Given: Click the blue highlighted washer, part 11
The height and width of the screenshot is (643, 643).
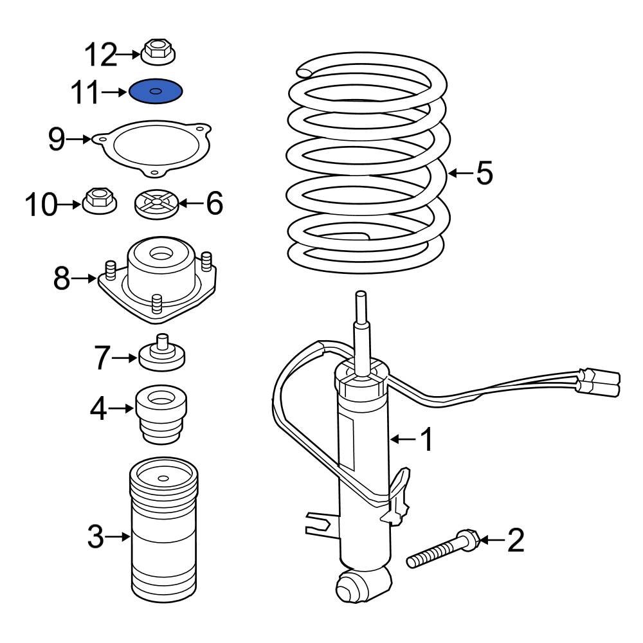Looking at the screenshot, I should (156, 92).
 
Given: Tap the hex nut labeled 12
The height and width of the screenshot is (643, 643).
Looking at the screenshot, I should (158, 52).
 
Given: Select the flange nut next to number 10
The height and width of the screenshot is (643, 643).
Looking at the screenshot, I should (98, 201).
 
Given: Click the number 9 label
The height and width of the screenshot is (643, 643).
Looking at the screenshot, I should (57, 138).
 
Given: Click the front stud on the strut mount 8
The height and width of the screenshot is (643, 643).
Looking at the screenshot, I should (156, 303).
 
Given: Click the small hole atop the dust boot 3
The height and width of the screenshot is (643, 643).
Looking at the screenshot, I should (164, 478).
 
